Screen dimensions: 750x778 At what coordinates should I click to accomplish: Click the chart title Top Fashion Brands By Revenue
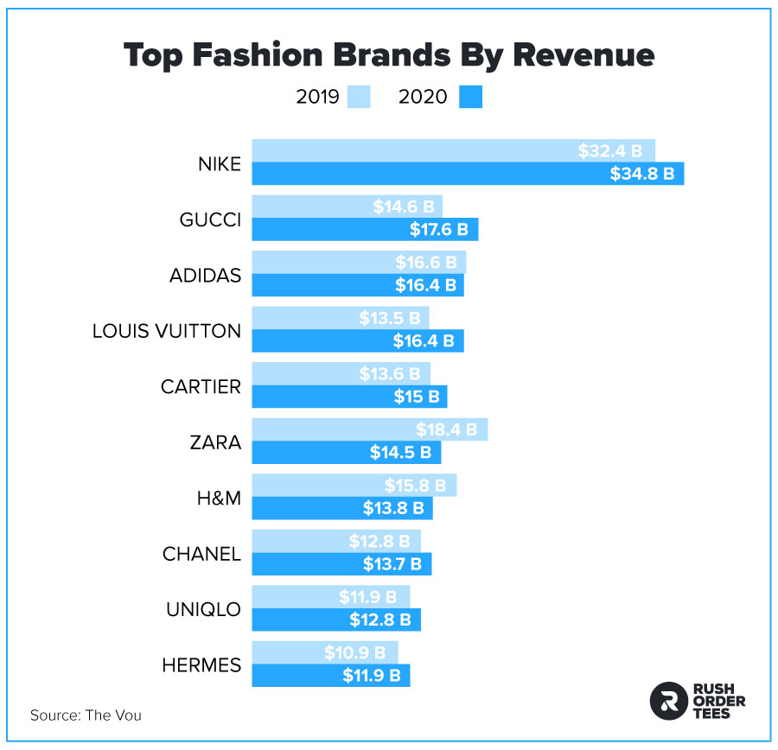click(x=389, y=54)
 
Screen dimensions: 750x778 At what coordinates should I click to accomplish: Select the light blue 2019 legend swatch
click(x=359, y=97)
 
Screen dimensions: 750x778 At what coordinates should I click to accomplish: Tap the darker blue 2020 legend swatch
click(x=470, y=97)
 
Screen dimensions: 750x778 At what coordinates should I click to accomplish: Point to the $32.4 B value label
click(x=609, y=151)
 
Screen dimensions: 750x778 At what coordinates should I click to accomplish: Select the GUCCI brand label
click(x=209, y=219)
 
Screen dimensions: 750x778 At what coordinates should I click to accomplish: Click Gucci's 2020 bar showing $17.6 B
click(x=365, y=230)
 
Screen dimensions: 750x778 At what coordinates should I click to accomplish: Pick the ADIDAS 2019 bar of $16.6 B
click(x=359, y=263)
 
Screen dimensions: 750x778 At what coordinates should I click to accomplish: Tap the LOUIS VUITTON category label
click(x=166, y=331)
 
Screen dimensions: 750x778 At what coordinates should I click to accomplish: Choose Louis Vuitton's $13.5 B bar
click(x=340, y=318)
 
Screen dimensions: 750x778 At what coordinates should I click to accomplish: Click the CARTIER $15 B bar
click(x=349, y=397)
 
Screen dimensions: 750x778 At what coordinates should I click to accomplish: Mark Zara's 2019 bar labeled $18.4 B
click(x=369, y=429)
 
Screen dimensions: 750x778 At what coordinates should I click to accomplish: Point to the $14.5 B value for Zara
click(x=397, y=452)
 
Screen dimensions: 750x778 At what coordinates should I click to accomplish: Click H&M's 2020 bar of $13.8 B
click(x=341, y=509)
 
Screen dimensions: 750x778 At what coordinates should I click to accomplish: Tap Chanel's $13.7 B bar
click(x=341, y=564)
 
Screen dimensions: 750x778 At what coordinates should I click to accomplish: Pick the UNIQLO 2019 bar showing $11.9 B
click(x=330, y=597)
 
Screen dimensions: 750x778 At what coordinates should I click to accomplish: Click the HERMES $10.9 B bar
click(x=324, y=652)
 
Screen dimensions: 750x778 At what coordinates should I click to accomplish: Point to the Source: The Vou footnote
click(x=86, y=715)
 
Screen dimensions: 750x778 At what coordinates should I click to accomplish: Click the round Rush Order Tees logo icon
click(x=666, y=701)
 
